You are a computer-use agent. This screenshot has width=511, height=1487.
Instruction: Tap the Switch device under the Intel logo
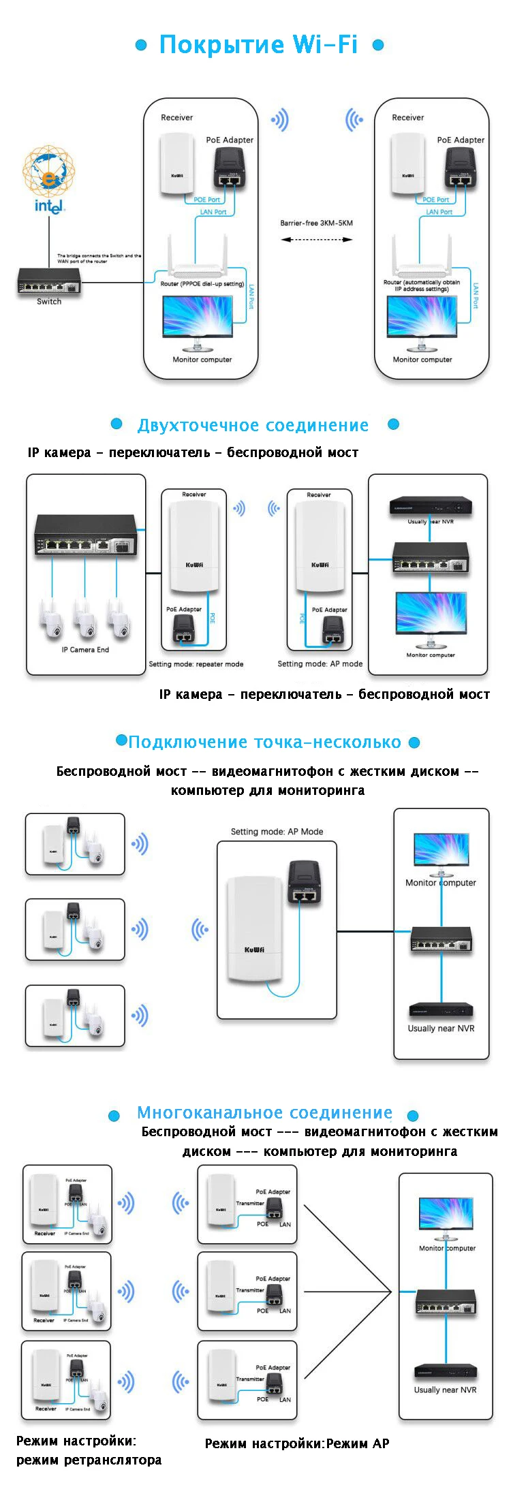click(x=49, y=281)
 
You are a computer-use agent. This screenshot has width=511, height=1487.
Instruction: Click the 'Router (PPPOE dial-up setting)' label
click(x=202, y=284)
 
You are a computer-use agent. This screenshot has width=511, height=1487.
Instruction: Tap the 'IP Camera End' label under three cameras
click(x=85, y=650)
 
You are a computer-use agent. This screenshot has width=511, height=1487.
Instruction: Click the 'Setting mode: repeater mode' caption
click(x=196, y=664)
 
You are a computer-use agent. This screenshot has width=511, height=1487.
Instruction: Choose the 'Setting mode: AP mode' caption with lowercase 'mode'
click(x=320, y=663)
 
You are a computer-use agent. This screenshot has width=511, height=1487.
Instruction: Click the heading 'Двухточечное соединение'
click(x=253, y=426)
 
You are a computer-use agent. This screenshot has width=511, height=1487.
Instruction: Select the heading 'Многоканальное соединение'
click(x=264, y=1112)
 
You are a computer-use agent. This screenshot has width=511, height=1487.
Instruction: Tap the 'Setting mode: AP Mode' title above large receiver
click(x=277, y=832)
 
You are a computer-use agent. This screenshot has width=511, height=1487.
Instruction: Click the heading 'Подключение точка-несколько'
click(x=265, y=742)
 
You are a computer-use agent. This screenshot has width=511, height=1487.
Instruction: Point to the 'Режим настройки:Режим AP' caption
click(x=297, y=1443)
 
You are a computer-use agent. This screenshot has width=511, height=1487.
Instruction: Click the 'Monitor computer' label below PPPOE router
click(x=202, y=360)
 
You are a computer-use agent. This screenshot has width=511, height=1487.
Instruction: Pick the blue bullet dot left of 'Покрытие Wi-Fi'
click(x=141, y=46)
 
